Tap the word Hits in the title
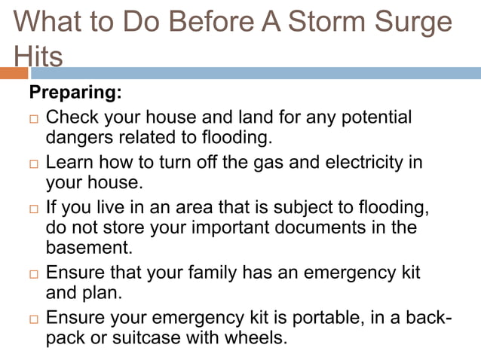coord(38,56)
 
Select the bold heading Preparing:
coord(75,95)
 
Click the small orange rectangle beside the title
coord(14,73)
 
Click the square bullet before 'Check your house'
coord(32,120)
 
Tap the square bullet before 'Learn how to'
coord(32,164)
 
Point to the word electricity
coord(364,162)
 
